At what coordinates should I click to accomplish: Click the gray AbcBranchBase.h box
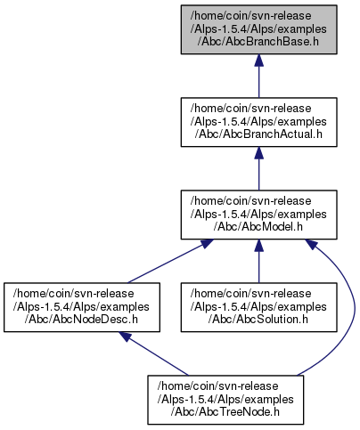(258, 29)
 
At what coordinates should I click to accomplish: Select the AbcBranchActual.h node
(258, 122)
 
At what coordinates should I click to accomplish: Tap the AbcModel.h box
(258, 215)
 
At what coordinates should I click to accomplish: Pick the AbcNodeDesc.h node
(82, 307)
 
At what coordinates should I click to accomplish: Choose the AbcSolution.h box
(258, 307)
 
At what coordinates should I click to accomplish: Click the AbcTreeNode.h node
(225, 400)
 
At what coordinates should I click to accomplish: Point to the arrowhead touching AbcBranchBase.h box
(258, 61)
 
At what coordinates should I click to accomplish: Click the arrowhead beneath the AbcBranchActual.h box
(258, 153)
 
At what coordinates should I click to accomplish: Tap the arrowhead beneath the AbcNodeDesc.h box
(126, 337)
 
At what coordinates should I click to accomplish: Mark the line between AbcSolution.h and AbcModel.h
(258, 261)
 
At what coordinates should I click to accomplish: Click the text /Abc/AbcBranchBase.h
(258, 42)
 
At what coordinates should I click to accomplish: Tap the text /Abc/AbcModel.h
(258, 227)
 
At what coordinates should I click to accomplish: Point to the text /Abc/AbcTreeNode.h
(225, 412)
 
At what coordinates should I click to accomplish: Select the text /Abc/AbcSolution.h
(258, 320)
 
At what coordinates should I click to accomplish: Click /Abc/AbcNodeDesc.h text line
(81, 320)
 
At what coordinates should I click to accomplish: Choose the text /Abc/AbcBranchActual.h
(258, 134)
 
